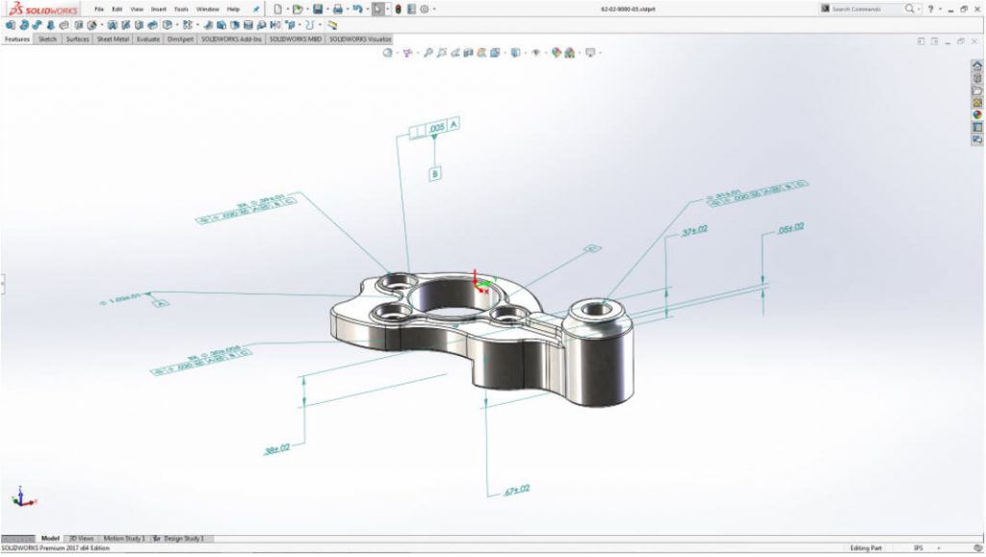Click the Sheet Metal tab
coord(114,40)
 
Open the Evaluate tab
coord(148,40)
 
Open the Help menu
coord(233,9)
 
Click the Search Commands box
coord(864,9)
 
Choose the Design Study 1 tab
coord(183,539)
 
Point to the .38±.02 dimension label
coord(276,448)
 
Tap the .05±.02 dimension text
coord(790,227)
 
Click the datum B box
coord(435,174)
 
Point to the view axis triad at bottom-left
coord(22,497)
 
